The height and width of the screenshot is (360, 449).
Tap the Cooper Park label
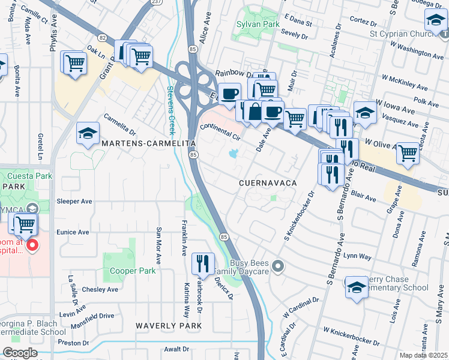point(133,271)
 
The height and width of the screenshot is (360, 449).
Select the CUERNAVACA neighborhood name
point(268,182)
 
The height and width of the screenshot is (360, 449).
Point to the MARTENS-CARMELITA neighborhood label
point(148,144)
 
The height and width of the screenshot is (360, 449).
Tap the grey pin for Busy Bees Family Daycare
point(277,265)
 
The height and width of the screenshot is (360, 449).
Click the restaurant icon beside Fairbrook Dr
point(203,263)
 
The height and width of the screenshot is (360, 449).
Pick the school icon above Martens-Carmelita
point(88,133)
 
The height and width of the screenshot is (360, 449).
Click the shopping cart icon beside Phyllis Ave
point(74,62)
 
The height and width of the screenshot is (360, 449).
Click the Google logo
point(20,353)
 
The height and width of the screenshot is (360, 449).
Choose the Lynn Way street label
point(358,256)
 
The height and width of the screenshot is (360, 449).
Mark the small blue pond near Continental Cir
point(232,154)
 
